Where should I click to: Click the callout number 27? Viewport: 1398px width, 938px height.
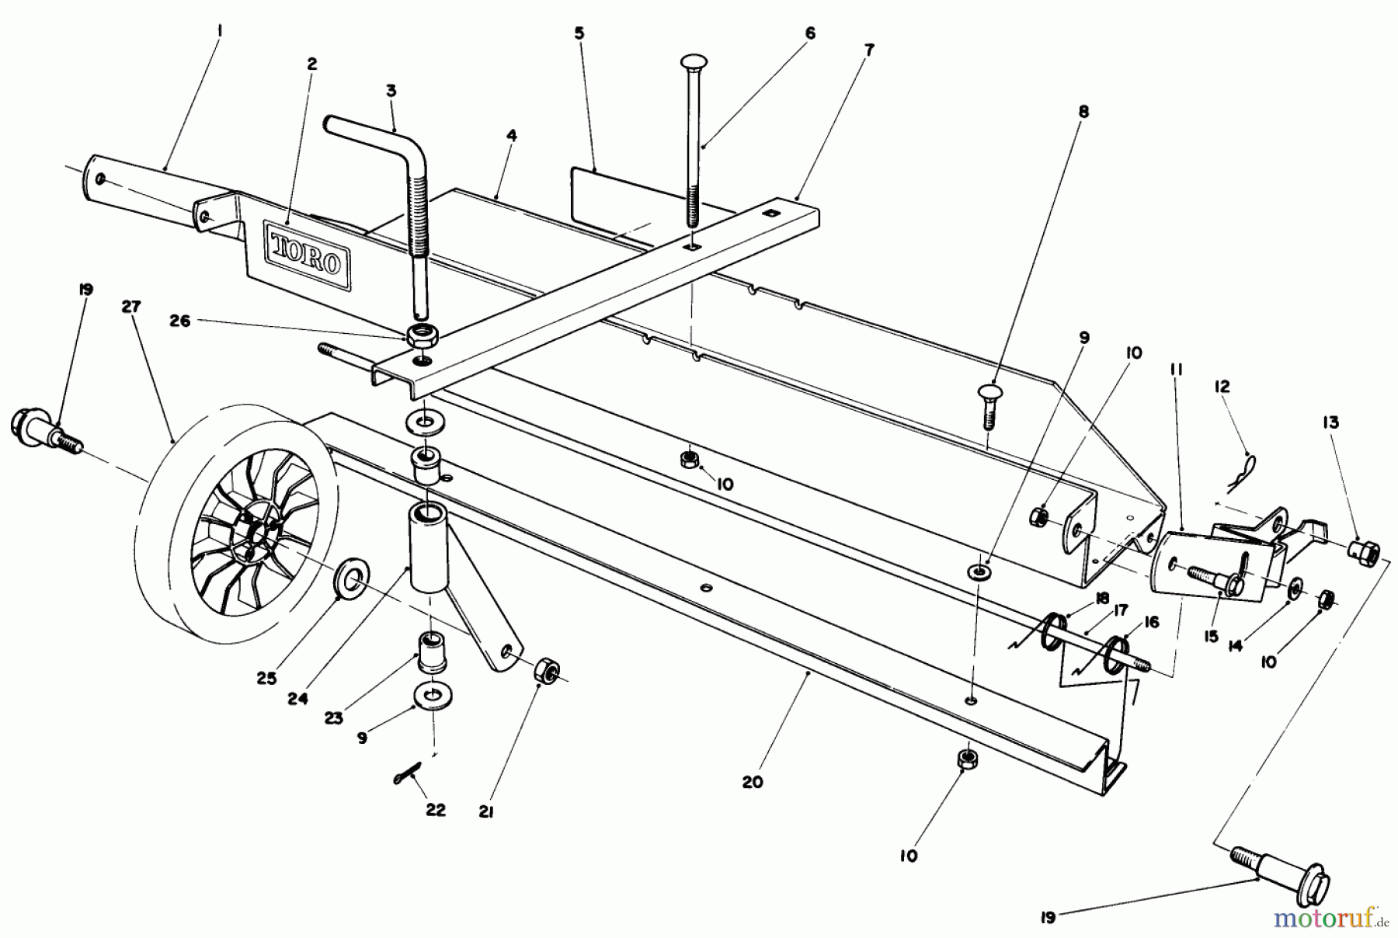pos(130,307)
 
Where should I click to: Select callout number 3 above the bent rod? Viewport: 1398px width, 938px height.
pos(391,91)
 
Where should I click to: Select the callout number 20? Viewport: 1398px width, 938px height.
pos(752,782)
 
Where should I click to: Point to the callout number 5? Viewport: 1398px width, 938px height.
pos(579,33)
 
